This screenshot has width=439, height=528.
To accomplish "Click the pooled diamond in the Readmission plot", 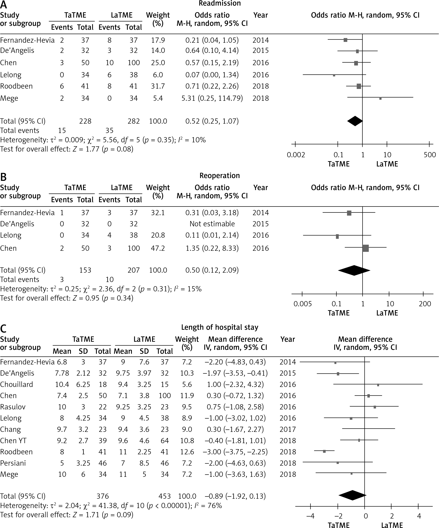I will point(355,121).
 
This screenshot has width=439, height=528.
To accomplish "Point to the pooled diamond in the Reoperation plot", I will point(354,270).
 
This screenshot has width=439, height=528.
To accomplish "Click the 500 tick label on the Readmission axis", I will point(430,155).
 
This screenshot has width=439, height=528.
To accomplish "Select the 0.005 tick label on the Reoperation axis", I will point(303,304).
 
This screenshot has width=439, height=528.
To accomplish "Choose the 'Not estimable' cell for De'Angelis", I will point(212,224).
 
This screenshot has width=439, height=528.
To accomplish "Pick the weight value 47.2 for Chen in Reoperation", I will point(158,248).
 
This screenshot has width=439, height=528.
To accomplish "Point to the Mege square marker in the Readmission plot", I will point(380,98).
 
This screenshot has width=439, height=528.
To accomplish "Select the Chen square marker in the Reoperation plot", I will point(366,248).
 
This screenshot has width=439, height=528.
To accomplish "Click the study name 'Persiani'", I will point(13,463).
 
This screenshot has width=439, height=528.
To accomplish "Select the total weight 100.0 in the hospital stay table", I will point(187,496).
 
